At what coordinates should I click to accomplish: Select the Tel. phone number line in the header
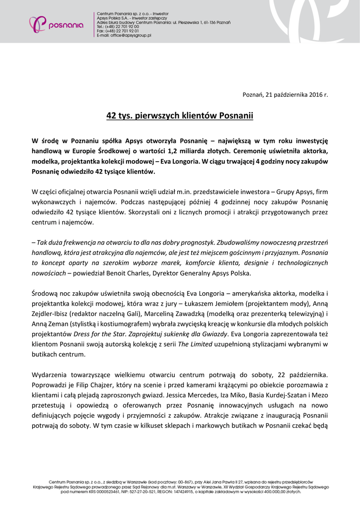pyautogui.click(x=118, y=27)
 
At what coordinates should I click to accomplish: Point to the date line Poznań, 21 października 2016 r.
pyautogui.click(x=285, y=94)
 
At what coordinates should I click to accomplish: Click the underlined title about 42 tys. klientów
pyautogui.click(x=180, y=116)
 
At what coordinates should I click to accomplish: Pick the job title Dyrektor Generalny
pyautogui.click(x=198, y=273)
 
